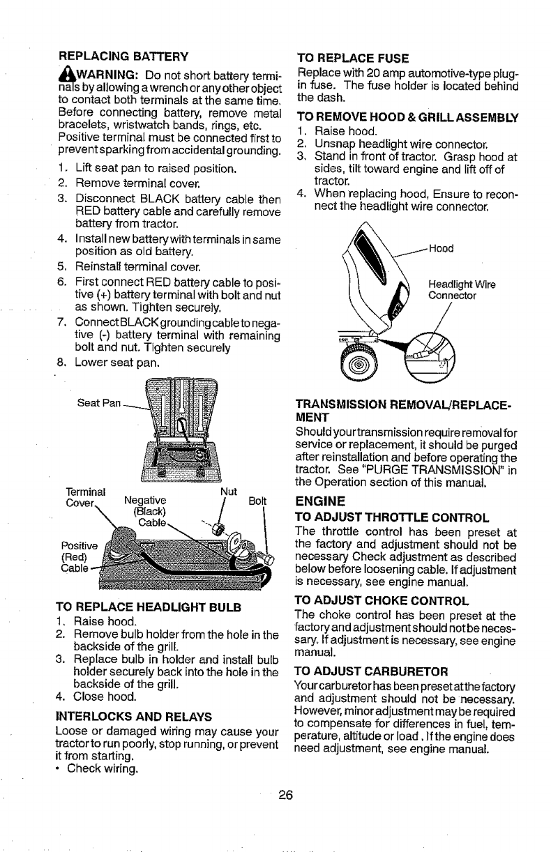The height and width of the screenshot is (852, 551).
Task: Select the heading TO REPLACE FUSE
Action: click(x=352, y=59)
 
